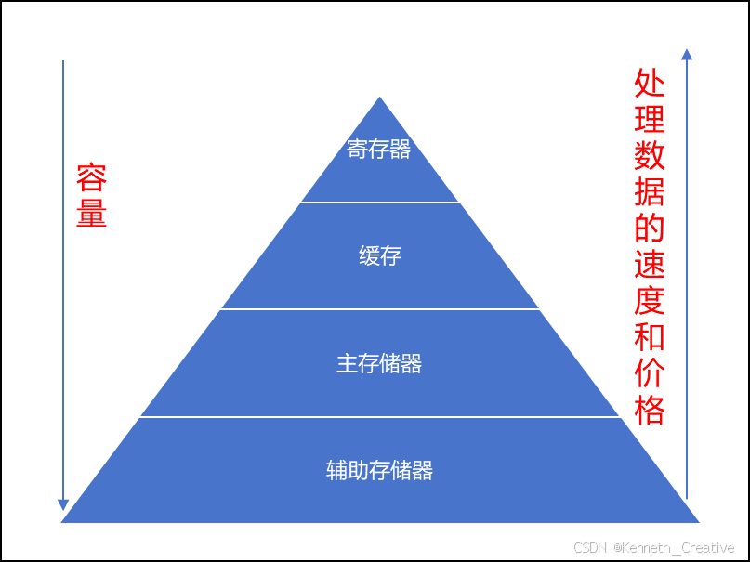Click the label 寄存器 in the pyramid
pyautogui.click(x=379, y=150)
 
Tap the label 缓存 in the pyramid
pyautogui.click(x=379, y=255)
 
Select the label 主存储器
pyautogui.click(x=379, y=363)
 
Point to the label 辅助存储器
pyautogui.click(x=379, y=470)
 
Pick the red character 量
pyautogui.click(x=91, y=214)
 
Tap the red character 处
pyautogui.click(x=650, y=84)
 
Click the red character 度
pyautogui.click(x=650, y=300)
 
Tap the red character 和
pyautogui.click(x=650, y=336)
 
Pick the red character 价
pyautogui.click(x=650, y=372)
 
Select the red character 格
pyautogui.click(x=650, y=409)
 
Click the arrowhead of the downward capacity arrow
pyautogui.click(x=63, y=504)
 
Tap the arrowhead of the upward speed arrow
pyautogui.click(x=686, y=54)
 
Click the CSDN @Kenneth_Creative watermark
pyautogui.click(x=653, y=548)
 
